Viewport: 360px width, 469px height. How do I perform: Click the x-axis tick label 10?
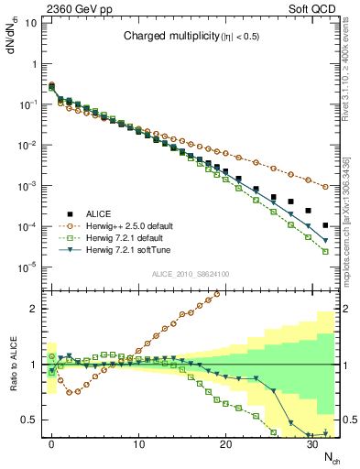point(138,443)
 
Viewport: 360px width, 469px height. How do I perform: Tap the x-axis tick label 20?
point(225,443)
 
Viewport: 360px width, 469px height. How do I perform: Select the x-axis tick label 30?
point(312,443)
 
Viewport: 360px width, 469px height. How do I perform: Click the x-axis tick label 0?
point(51,443)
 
